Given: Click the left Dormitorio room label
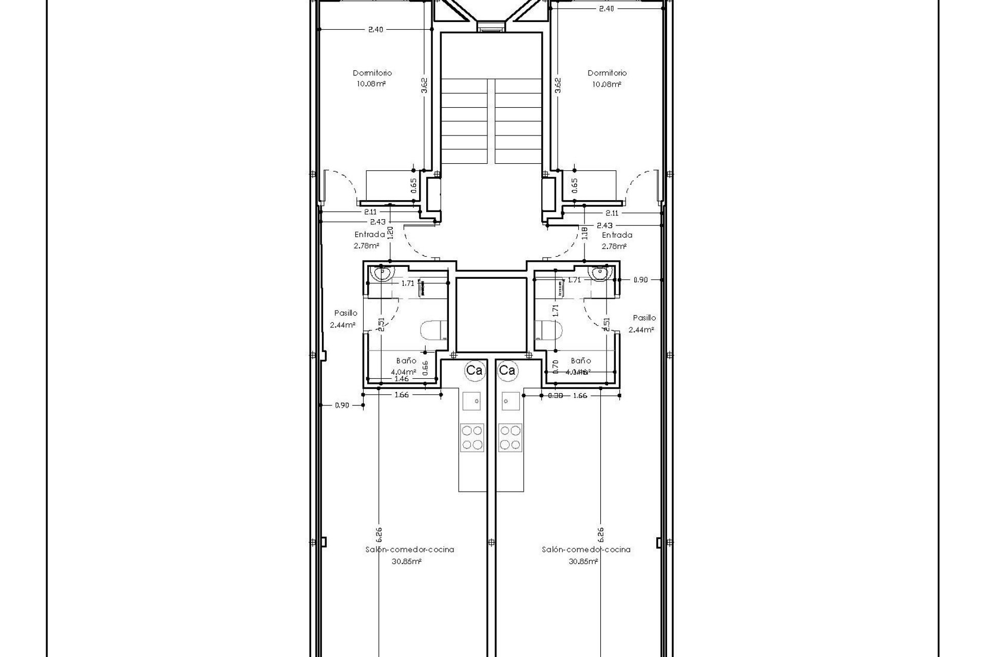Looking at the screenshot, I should coord(372,73).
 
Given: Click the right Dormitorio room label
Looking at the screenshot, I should coord(607,73).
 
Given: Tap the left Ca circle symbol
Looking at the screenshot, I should coord(473,370).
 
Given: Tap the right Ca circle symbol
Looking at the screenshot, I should coord(507,370).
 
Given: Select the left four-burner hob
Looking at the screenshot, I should coord(472,437).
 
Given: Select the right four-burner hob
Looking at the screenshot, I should coord(510,437).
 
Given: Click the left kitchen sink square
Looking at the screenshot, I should coord(472,401).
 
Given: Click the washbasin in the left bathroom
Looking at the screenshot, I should coord(382,273).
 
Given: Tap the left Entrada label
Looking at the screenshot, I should coord(369,235).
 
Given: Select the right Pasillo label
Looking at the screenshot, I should coord(644,318).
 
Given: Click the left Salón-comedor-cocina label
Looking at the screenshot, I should coord(409,549).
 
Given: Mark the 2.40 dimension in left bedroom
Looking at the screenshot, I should coord(375,30).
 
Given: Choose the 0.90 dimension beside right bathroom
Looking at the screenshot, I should coord(640,280).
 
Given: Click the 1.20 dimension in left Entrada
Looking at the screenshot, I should coord(390,233).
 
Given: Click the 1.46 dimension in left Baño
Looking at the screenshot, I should coord(401,379).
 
